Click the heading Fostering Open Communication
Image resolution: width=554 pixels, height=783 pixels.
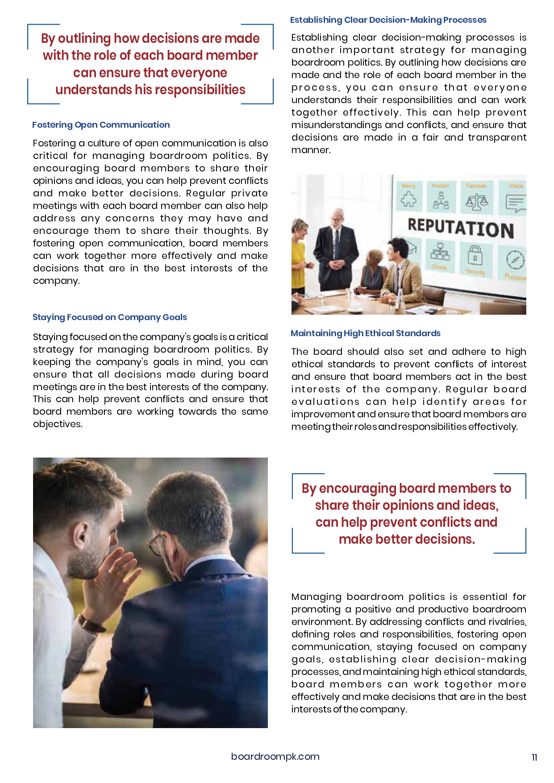101,125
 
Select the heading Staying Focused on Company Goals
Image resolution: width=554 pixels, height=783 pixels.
109,317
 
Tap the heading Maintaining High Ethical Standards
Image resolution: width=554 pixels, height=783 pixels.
365,333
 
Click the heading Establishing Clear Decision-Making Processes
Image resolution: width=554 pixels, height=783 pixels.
388,20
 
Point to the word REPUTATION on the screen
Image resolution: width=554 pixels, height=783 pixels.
460,228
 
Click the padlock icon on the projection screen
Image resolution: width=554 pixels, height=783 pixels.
475,256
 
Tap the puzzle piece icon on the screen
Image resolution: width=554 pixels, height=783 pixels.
408,200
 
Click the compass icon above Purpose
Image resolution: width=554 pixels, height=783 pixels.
515,259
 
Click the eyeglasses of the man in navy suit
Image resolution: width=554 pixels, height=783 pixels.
156,544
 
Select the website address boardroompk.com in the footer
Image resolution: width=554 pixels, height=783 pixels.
275,757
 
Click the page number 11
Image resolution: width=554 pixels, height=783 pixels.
534,758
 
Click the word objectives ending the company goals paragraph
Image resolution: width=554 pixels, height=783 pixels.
57,424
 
